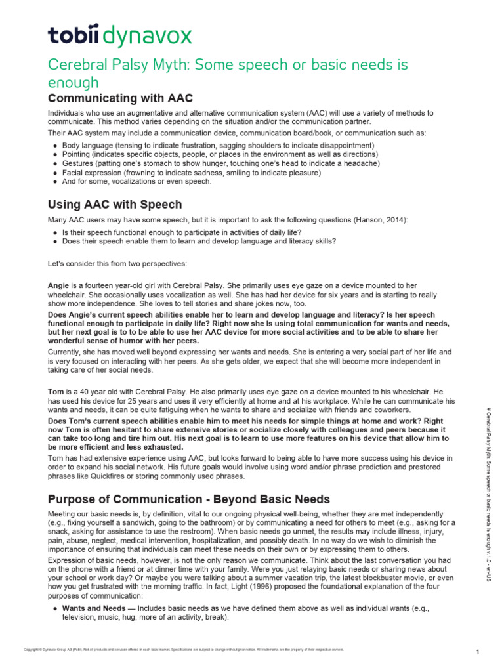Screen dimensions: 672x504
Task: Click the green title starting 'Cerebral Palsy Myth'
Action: pyautogui.click(x=228, y=73)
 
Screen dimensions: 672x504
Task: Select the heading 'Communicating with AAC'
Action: pyautogui.click(x=121, y=98)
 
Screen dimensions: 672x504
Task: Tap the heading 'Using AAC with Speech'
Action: pyautogui.click(x=115, y=205)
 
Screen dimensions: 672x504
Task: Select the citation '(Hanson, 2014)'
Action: pyautogui.click(x=379, y=220)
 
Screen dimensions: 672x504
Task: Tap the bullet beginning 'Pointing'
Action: pyautogui.click(x=219, y=154)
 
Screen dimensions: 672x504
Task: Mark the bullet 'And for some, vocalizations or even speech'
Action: pyautogui.click(x=136, y=182)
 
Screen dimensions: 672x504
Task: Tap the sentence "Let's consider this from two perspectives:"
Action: pyautogui.click(x=117, y=263)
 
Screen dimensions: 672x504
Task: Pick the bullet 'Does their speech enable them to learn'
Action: pyautogui.click(x=199, y=241)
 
